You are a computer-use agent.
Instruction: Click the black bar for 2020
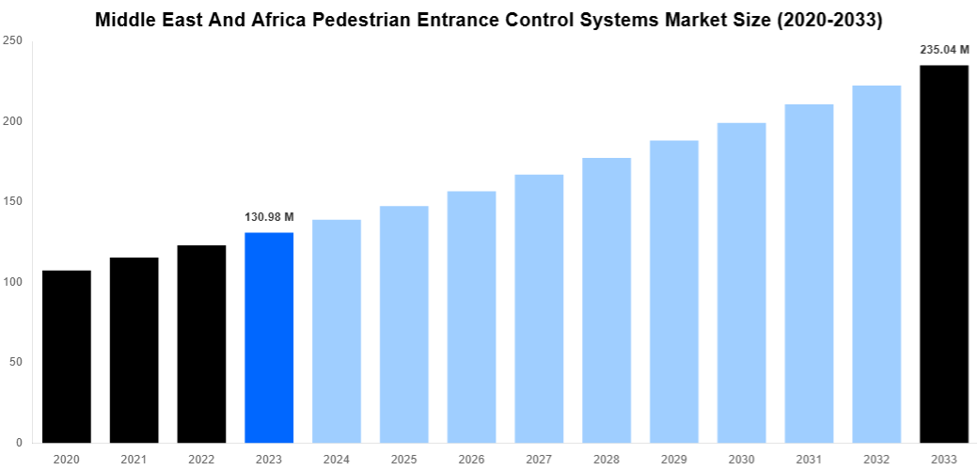pos(66,356)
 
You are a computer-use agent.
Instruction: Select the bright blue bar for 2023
pos(269,337)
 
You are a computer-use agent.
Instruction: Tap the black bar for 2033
pos(943,254)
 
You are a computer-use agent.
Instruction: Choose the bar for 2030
pos(741,282)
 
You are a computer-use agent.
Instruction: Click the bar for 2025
pos(403,324)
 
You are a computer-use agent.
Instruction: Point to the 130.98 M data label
pos(269,217)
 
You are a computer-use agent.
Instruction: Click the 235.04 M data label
pos(943,50)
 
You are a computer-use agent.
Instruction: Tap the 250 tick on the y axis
pos(13,41)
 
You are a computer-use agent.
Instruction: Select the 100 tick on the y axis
pos(13,282)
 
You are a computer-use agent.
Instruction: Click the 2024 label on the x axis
pos(337,459)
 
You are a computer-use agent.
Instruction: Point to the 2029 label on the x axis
pos(673,459)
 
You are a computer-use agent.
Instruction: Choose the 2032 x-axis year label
pos(875,459)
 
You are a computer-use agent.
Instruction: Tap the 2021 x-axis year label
pos(134,459)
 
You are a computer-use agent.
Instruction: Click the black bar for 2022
pos(201,344)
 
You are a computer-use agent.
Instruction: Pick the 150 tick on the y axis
pos(13,202)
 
